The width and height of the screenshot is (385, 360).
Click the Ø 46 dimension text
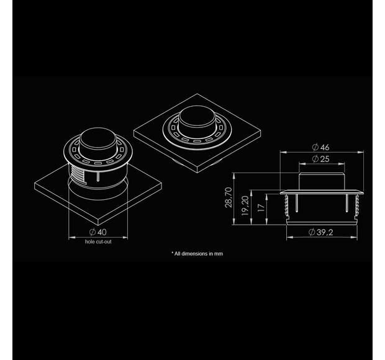coord(320,147)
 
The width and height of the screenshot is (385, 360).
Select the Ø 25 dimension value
coord(320,160)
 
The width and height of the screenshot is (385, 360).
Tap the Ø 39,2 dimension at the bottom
coord(320,232)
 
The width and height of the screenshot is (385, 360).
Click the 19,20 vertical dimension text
coord(245,203)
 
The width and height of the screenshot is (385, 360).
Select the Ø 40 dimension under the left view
coord(98,232)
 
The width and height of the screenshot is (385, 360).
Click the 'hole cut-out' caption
coord(98,241)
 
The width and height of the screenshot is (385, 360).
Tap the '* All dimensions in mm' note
coord(197,253)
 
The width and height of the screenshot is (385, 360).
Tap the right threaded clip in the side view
coord(357,204)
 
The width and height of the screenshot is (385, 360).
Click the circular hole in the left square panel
coord(97,192)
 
